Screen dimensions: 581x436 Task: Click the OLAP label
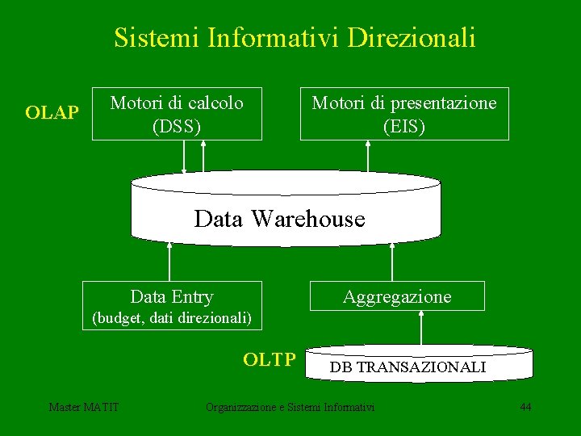[52, 113]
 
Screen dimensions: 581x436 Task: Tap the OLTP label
[270, 359]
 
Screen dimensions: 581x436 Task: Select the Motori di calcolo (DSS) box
[177, 114]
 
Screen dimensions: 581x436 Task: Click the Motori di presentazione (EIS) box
[404, 114]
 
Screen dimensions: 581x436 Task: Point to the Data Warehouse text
[279, 219]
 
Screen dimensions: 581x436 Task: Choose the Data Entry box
[172, 296]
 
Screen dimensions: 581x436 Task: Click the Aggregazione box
[397, 296]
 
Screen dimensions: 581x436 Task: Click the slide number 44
[525, 407]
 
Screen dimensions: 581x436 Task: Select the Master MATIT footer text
[84, 407]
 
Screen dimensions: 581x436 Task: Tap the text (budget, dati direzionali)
[172, 318]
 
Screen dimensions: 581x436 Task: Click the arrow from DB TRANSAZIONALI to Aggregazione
[420, 329]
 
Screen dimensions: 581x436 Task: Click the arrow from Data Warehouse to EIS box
[368, 156]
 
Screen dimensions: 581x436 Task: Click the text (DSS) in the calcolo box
[177, 126]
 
